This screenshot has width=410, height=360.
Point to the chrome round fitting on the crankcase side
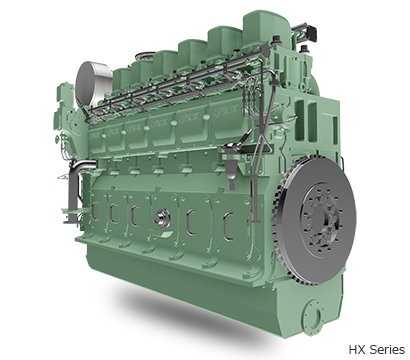[x=162, y=218]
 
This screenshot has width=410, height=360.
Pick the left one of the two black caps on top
[x=275, y=41]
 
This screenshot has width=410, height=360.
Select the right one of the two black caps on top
[x=303, y=49]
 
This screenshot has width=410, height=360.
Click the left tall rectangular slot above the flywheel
[x=299, y=120]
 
